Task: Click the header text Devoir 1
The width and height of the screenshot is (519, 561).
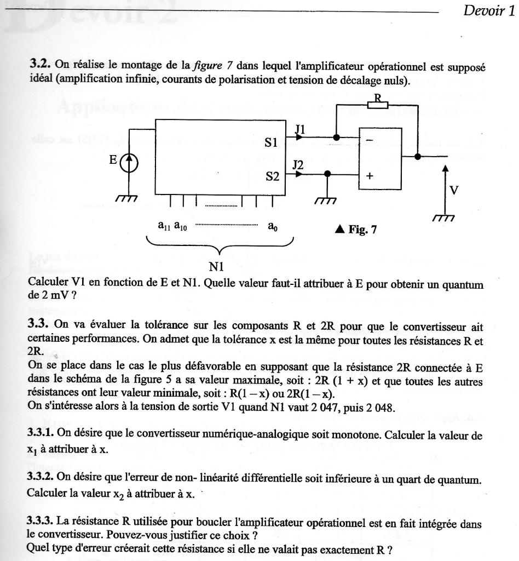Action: click(489, 11)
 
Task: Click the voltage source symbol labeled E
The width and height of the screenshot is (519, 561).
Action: click(130, 163)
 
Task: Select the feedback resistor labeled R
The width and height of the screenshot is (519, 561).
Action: click(377, 104)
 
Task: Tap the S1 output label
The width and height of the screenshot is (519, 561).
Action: click(272, 142)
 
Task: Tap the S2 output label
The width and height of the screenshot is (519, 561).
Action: click(272, 176)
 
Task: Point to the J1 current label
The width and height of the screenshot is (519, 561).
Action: click(300, 129)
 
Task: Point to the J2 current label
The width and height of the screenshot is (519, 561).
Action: click(298, 164)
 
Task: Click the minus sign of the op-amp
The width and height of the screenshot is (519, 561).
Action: click(370, 141)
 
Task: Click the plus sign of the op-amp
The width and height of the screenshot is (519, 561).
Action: click(370, 176)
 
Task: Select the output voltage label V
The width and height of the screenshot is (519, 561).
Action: click(453, 190)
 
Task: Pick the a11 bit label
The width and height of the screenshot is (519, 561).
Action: click(164, 225)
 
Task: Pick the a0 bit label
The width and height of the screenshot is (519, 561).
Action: click(272, 225)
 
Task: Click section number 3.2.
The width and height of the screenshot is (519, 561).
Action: click(40, 64)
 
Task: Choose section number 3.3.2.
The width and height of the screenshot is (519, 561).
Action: click(42, 478)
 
